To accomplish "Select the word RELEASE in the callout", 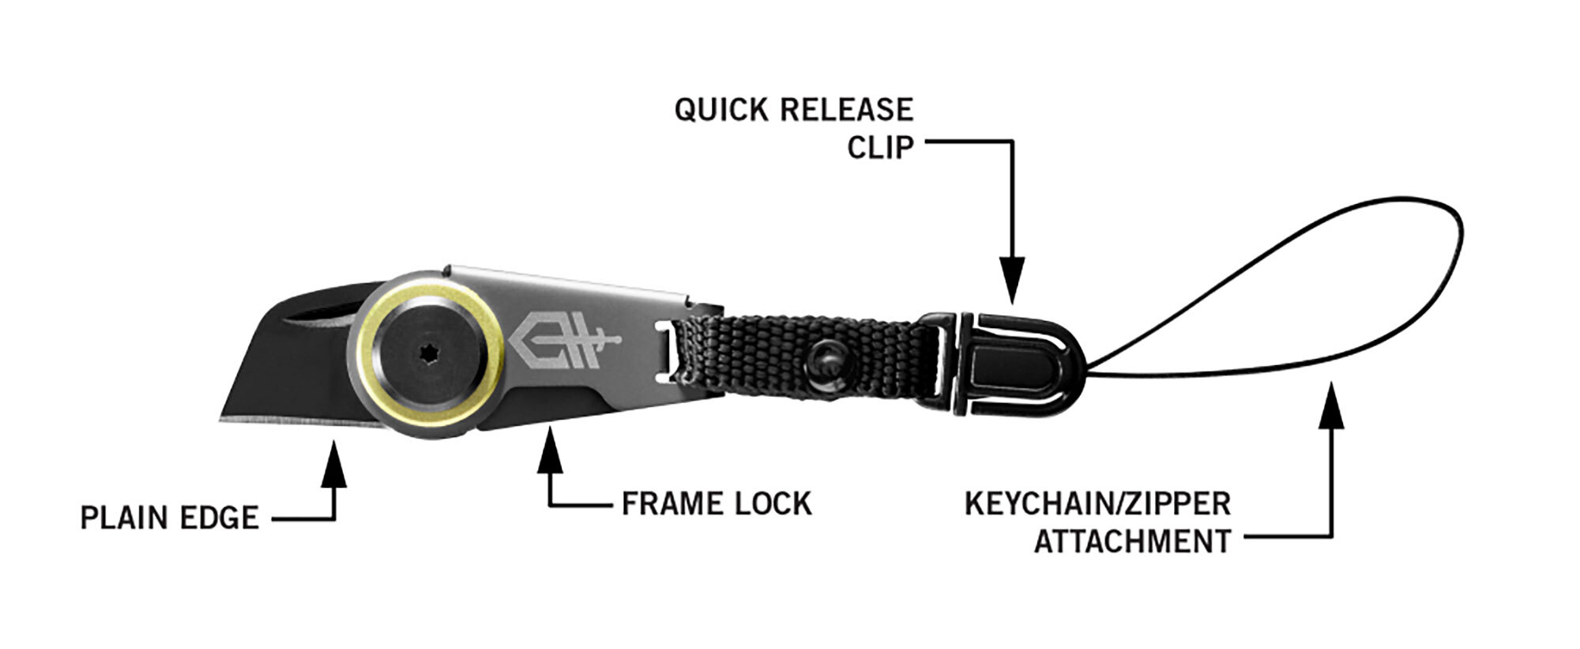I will pyautogui.click(x=846, y=111).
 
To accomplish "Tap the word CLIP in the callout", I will pyautogui.click(x=880, y=148).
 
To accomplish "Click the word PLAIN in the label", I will pyautogui.click(x=126, y=519).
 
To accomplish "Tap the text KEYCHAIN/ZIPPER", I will pyautogui.click(x=1097, y=504).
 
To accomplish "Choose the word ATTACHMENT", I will pyautogui.click(x=1132, y=542).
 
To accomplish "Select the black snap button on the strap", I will pyautogui.click(x=825, y=360).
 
